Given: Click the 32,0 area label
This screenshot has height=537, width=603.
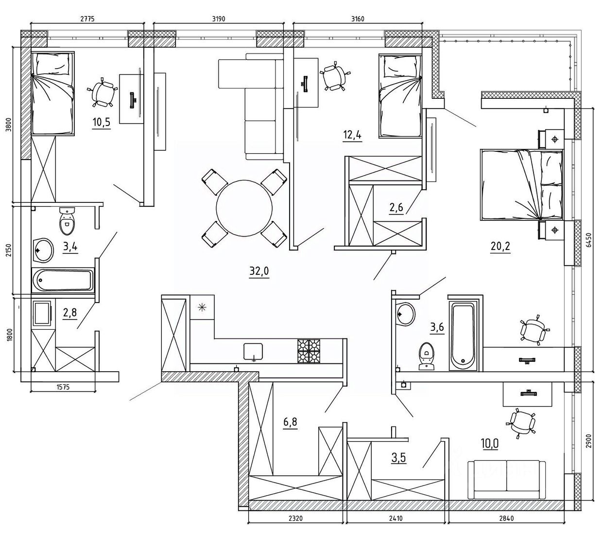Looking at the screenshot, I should point(259,271).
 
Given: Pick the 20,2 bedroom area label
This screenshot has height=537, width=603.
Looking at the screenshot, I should point(500,247).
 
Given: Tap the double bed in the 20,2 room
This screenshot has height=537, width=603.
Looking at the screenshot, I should point(521,185).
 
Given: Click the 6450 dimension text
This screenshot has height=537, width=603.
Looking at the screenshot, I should point(588,240).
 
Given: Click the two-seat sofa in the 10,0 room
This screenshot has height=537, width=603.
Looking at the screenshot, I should point(506,480).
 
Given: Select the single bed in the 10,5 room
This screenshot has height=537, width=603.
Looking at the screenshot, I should point(52,93).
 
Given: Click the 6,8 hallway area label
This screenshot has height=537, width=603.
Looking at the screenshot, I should point(290,422).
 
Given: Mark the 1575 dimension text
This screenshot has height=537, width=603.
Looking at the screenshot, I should point(63,387).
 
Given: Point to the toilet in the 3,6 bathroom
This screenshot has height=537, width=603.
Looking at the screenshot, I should point(426,357).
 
